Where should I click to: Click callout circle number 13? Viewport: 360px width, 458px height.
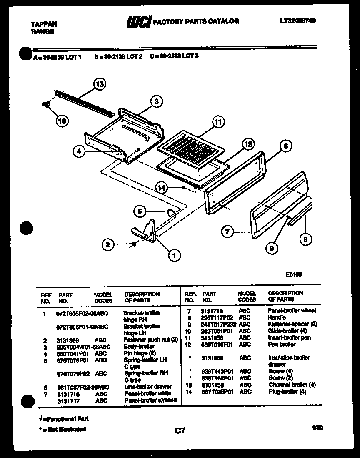point(99,84)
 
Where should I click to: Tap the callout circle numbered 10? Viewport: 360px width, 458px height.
point(62,121)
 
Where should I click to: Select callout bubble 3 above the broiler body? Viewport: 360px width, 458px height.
point(156,101)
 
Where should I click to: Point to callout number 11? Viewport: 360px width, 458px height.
point(217,122)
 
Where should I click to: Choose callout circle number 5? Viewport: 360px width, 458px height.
point(140,211)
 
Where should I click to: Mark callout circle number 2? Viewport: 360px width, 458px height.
point(108,245)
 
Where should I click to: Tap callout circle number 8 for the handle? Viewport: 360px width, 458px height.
point(305,239)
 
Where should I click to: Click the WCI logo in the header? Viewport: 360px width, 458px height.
point(139,21)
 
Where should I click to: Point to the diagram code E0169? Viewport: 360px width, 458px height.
point(294,274)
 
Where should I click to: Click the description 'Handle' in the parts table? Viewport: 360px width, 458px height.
point(277,317)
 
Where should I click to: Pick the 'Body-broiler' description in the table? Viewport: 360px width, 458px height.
point(139,347)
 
